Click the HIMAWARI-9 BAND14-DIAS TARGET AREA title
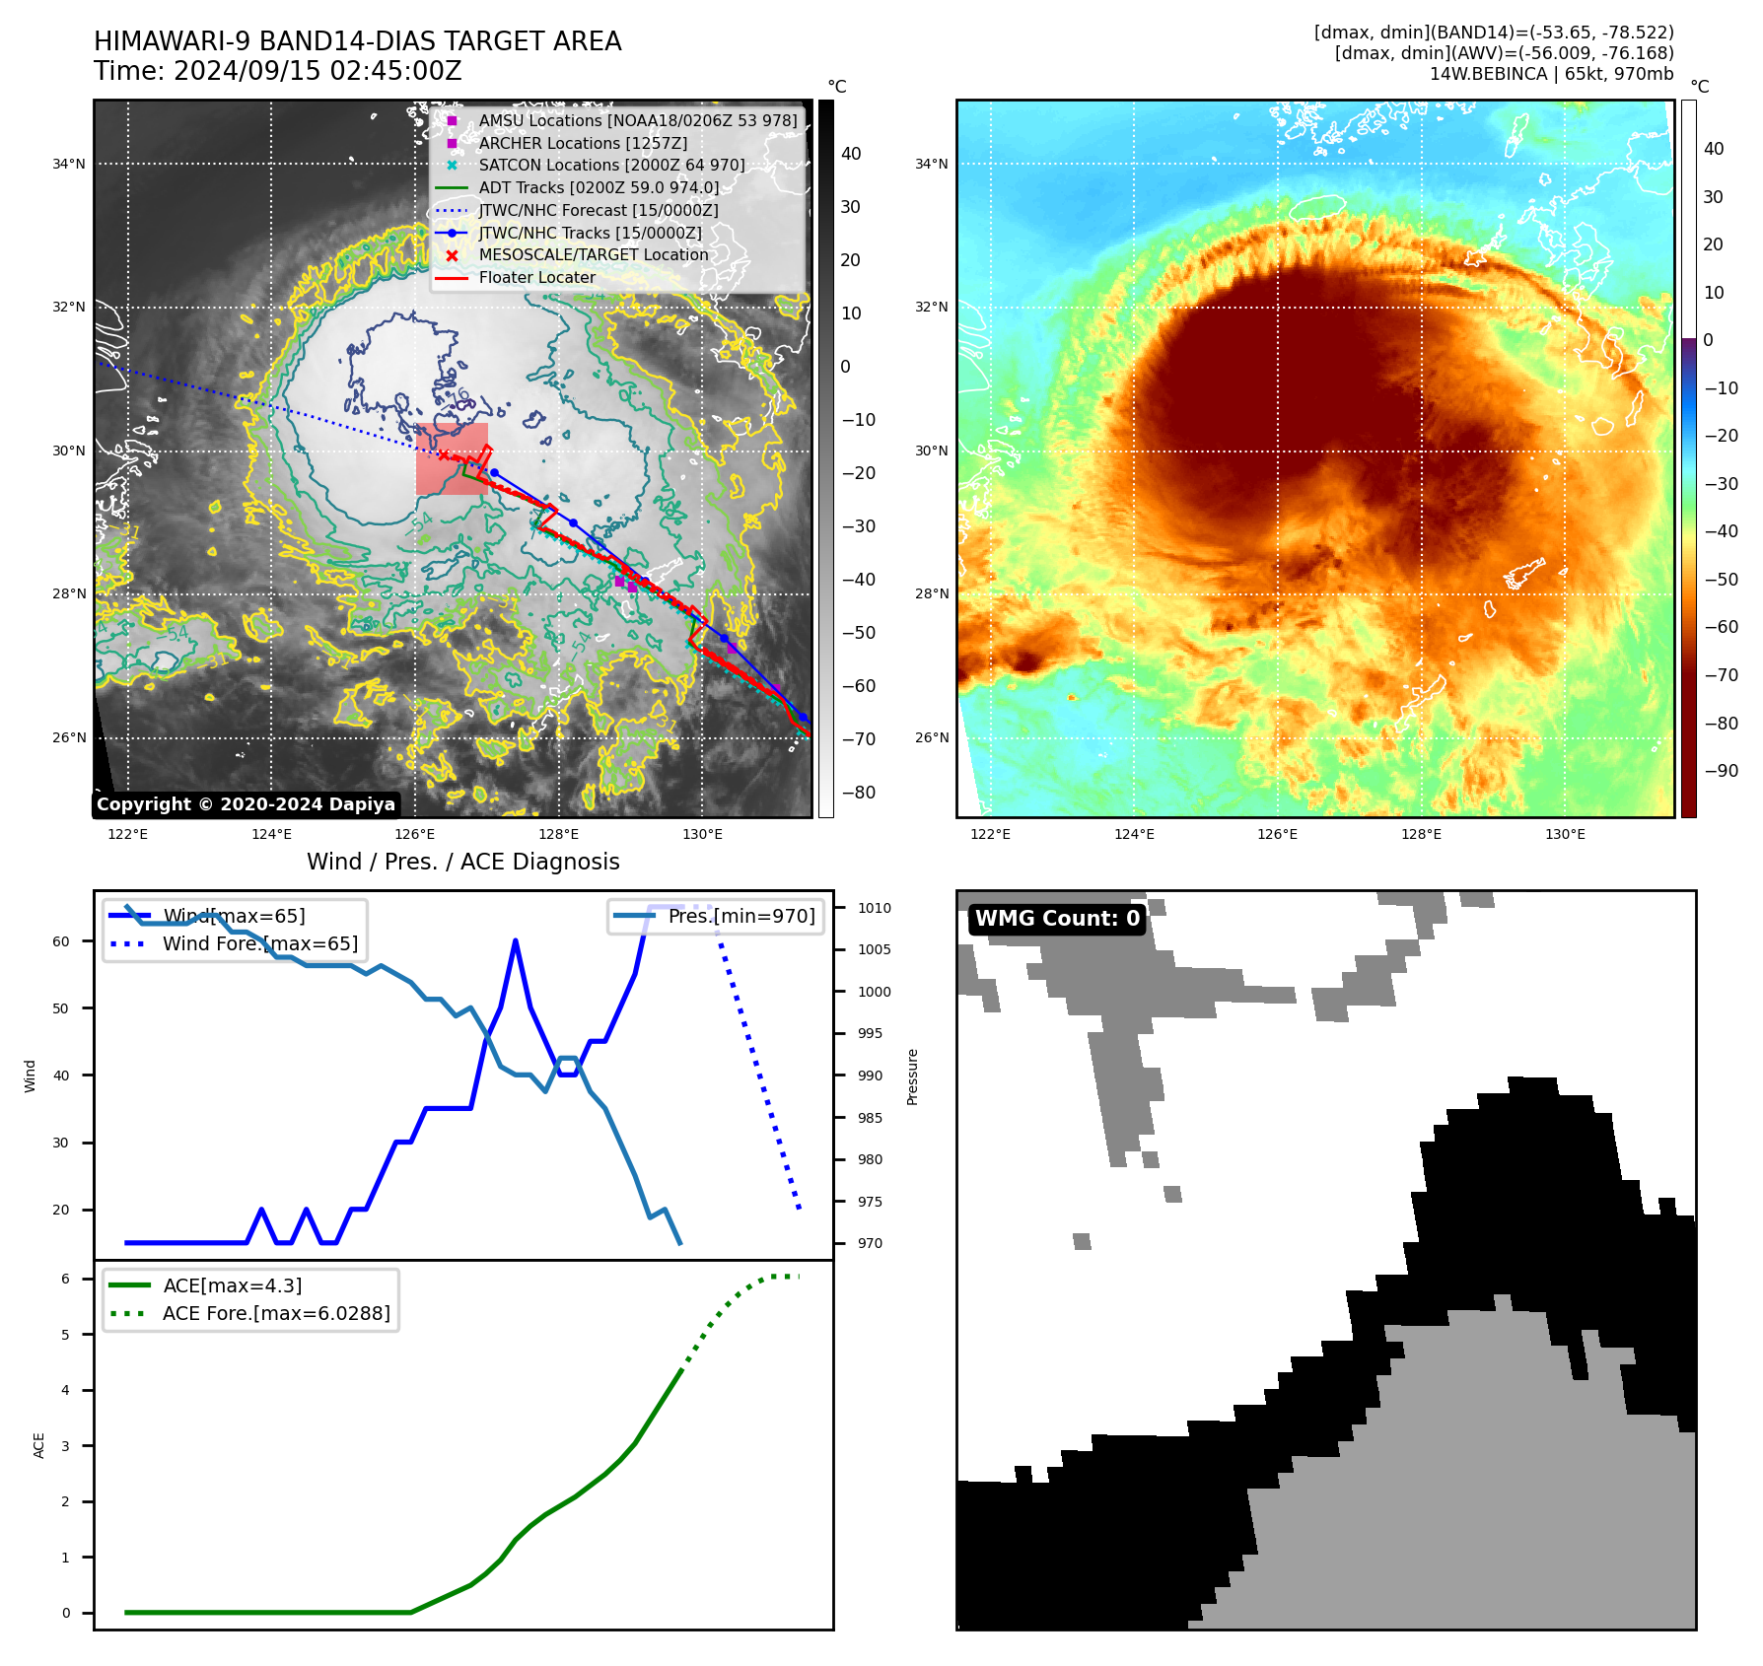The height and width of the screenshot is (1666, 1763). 357,41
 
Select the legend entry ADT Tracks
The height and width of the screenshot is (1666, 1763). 599,187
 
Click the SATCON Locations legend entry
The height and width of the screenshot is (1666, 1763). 611,165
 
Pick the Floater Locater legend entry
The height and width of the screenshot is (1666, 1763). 536,277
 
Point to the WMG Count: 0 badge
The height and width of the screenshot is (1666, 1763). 1057,919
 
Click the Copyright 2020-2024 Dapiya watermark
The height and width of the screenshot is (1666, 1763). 246,804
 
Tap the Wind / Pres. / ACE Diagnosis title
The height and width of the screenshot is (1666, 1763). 462,862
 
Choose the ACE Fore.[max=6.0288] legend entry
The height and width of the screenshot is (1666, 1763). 276,1313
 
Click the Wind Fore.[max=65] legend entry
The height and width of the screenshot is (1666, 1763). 260,943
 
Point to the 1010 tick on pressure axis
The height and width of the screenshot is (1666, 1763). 874,908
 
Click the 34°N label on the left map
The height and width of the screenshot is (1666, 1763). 68,165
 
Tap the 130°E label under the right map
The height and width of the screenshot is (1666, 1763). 1565,835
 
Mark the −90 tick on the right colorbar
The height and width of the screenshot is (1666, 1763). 1721,771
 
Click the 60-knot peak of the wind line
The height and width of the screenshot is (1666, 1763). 516,941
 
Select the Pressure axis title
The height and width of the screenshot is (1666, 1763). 912,1076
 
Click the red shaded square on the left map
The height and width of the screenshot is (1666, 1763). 452,459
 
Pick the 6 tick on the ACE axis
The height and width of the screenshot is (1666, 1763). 65,1279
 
